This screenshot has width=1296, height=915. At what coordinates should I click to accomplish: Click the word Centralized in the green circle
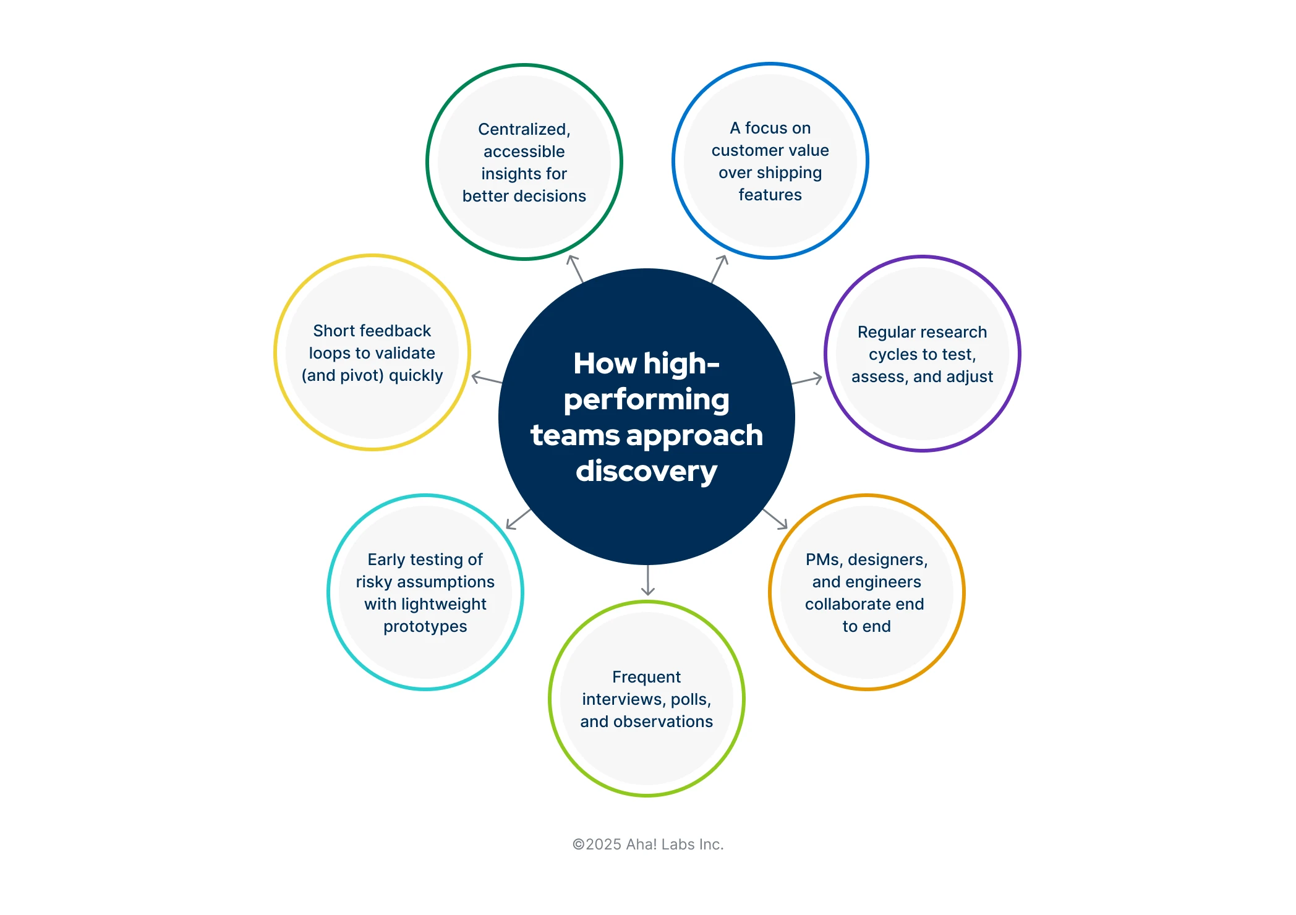(523, 129)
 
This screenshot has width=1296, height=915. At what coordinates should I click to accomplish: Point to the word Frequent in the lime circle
(646, 677)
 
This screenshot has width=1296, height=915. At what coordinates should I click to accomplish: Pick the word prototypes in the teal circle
(425, 626)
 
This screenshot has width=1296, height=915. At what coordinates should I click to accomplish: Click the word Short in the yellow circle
(333, 331)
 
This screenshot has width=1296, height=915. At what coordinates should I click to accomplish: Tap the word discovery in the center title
(646, 471)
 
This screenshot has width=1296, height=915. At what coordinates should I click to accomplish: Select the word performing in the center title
(646, 399)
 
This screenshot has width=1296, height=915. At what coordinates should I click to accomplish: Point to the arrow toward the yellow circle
(487, 378)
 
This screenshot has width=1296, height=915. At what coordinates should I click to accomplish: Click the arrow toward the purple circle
(807, 379)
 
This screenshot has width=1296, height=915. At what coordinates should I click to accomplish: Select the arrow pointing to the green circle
(575, 268)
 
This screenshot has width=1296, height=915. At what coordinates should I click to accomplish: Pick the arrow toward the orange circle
(775, 519)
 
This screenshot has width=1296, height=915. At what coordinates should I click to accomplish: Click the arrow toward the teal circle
(518, 519)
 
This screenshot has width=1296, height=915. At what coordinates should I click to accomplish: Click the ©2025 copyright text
(647, 845)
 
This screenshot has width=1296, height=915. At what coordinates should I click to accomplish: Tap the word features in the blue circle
(770, 195)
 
